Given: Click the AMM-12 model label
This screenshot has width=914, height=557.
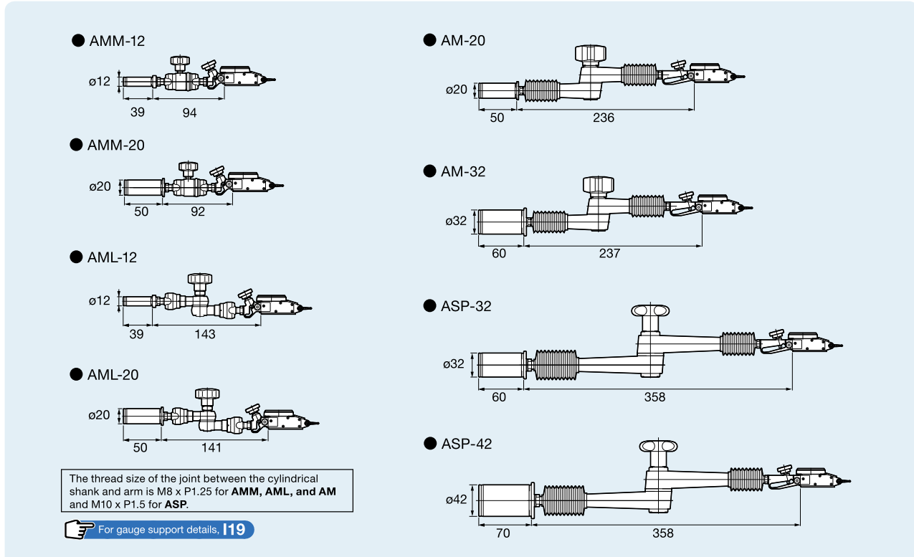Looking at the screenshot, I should pyautogui.click(x=117, y=41).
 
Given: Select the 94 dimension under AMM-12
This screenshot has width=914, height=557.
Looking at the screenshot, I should pyautogui.click(x=189, y=113).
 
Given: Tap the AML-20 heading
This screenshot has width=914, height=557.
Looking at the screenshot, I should pyautogui.click(x=113, y=375).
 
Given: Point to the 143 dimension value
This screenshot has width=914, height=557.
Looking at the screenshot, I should pyautogui.click(x=204, y=334).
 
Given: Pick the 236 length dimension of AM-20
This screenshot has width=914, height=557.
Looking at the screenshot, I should pyautogui.click(x=604, y=118).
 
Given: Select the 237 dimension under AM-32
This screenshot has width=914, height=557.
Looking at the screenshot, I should pyautogui.click(x=609, y=254).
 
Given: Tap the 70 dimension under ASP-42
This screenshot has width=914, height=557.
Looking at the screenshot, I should pyautogui.click(x=503, y=533).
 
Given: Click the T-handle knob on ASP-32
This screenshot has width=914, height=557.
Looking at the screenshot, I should pyautogui.click(x=650, y=310).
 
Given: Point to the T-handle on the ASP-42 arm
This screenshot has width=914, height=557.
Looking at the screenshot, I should pyautogui.click(x=658, y=447).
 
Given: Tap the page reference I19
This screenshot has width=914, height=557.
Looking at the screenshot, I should pyautogui.click(x=234, y=530).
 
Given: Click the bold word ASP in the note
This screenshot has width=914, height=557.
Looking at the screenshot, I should pyautogui.click(x=176, y=504).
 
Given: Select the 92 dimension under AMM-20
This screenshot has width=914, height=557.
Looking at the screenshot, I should pyautogui.click(x=198, y=211).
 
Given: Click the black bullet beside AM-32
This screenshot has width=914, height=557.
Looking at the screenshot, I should pyautogui.click(x=429, y=171).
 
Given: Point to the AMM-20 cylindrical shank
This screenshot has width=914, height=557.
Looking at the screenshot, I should pyautogui.click(x=143, y=188).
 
